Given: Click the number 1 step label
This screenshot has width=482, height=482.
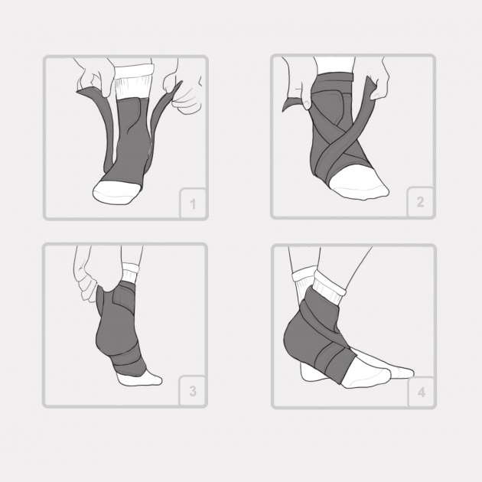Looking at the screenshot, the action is pos(193,204).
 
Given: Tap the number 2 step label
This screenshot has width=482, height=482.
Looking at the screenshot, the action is pos(420,202).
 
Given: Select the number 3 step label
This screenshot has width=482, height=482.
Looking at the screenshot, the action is pos(193,391).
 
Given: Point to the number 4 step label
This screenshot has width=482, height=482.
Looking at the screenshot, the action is pos(422,392).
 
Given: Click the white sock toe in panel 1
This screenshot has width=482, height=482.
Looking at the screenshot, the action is pos(116,191).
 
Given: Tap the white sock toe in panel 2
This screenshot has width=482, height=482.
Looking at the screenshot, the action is pos(360,182).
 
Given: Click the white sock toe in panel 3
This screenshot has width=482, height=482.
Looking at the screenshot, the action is pos(140,379).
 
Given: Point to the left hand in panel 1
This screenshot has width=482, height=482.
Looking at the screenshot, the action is pos(94,77).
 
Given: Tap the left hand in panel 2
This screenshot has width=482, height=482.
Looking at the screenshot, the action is pos(297,83).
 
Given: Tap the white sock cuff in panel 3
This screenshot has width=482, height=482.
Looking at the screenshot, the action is pos(131,272).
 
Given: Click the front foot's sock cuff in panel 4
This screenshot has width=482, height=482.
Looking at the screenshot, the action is pos(329,288).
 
